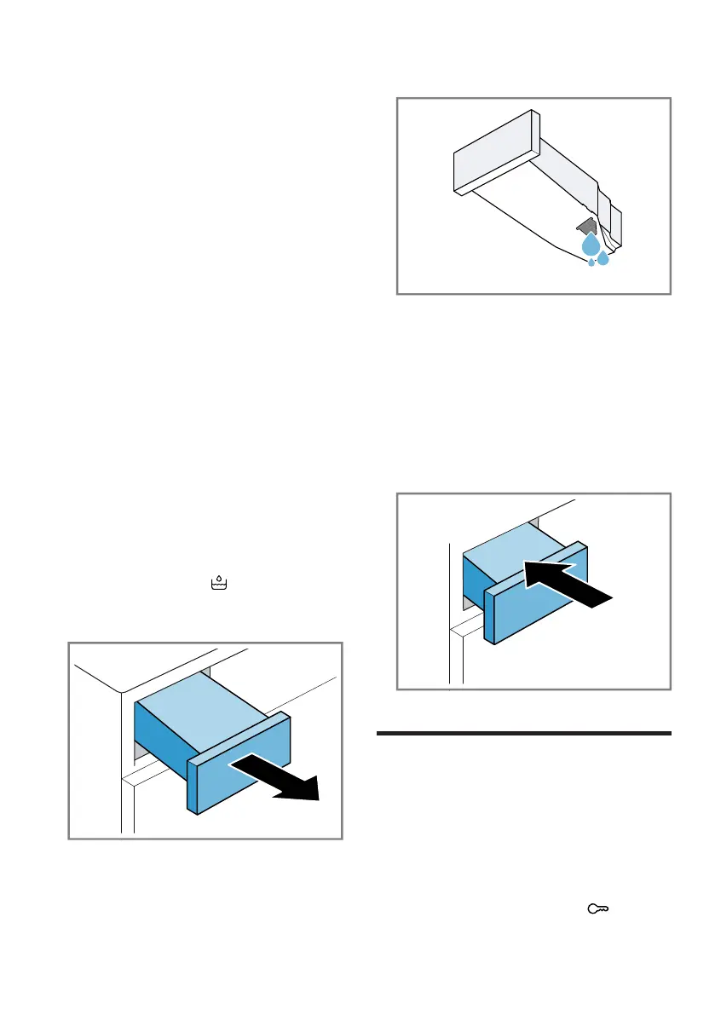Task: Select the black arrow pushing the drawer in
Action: click(567, 584)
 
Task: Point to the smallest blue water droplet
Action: click(591, 262)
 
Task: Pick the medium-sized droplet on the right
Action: click(603, 257)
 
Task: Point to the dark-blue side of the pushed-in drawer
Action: click(474, 580)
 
